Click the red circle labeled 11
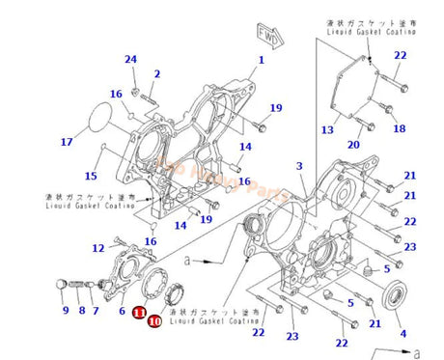[139, 312]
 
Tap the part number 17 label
[67, 143]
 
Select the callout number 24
[130, 60]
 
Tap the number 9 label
[66, 311]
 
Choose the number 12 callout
[98, 248]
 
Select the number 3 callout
[300, 167]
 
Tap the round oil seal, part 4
[396, 295]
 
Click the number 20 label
[354, 146]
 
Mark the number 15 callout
[91, 176]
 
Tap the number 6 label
[123, 311]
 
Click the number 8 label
[83, 311]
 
